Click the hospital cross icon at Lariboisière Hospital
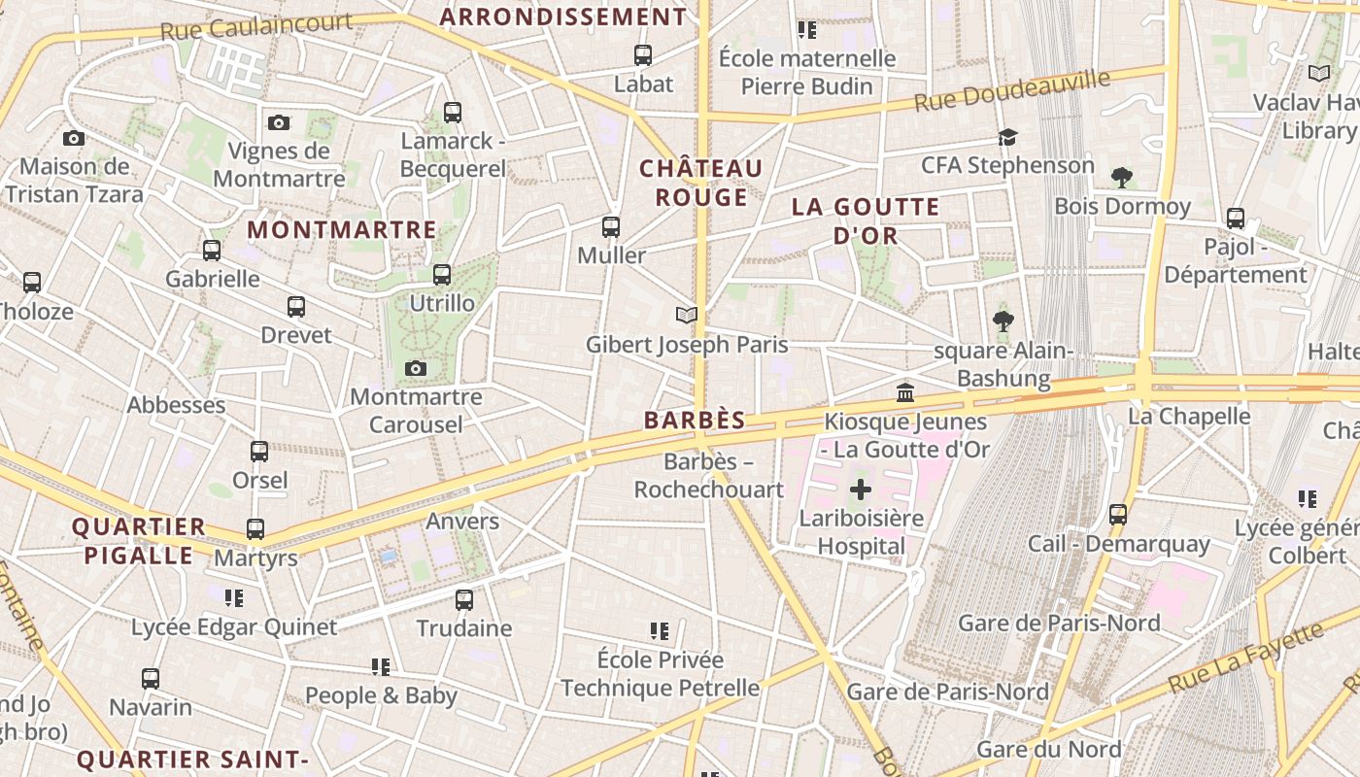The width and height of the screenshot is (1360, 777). click(x=860, y=490)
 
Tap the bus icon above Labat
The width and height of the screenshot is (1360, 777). click(x=642, y=55)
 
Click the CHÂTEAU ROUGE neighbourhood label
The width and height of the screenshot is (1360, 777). click(x=700, y=183)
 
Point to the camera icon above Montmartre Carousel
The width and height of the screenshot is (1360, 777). click(x=416, y=369)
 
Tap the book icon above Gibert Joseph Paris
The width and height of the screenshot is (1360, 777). click(x=687, y=316)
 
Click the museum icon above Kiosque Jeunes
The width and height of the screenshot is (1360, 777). click(x=905, y=393)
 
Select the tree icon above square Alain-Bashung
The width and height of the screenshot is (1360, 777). click(x=1003, y=321)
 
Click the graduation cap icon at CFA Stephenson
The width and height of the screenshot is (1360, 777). click(x=1007, y=138)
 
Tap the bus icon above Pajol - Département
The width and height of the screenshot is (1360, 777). click(x=1235, y=219)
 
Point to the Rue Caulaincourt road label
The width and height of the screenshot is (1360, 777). click(x=255, y=26)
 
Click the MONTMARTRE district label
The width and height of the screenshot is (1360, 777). click(x=342, y=230)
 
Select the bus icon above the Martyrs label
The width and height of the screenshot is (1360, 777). click(x=255, y=529)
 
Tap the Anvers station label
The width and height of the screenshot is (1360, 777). click(x=462, y=521)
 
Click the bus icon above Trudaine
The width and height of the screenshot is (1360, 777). click(x=464, y=600)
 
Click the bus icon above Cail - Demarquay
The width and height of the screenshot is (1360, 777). click(x=1118, y=515)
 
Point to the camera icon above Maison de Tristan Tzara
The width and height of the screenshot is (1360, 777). click(x=74, y=139)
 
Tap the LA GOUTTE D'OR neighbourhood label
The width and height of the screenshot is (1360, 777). click(x=865, y=220)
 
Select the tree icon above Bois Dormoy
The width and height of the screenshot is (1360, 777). click(x=1122, y=178)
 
